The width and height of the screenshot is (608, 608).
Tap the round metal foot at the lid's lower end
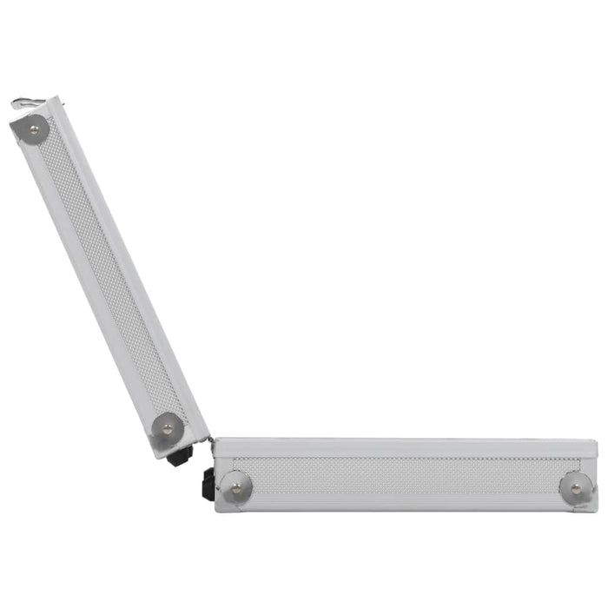click(x=167, y=427)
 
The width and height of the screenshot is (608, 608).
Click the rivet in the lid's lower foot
click(x=167, y=428)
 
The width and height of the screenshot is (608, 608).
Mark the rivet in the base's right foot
click(x=574, y=487)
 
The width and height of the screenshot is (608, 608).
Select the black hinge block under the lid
click(x=181, y=457)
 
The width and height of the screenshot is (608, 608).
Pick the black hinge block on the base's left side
click(x=208, y=483)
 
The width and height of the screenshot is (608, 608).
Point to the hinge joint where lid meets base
click(x=209, y=441)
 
